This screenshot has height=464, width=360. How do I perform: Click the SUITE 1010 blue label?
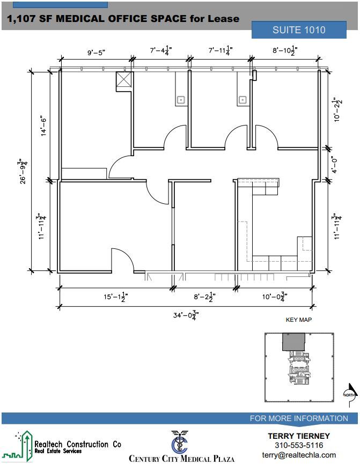pos(299,30)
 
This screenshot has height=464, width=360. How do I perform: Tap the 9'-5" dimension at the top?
pos(97,53)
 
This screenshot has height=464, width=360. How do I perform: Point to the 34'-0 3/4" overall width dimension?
pos(186,315)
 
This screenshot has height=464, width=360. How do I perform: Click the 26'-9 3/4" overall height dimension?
pos(23,171)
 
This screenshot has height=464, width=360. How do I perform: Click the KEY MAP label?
pos(298,320)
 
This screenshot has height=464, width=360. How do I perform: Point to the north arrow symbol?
pos(350,392)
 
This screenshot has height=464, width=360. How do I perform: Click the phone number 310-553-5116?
pos(299,445)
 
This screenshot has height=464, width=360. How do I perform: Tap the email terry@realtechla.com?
pos(299,455)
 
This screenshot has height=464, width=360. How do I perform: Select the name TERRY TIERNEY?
pos(299,436)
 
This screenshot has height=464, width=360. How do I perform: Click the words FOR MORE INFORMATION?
pos(299,418)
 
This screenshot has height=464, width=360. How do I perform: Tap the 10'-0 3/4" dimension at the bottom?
pos(275,296)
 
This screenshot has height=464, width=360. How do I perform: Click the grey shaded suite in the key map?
pos(293,341)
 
